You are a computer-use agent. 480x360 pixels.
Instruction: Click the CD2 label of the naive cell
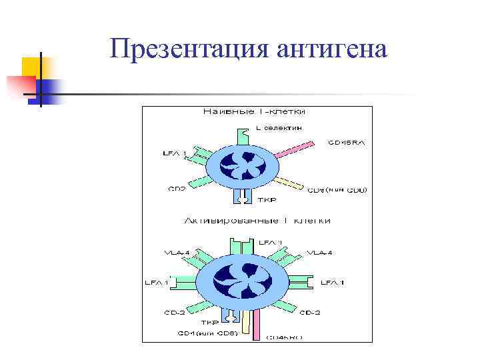point(176,189)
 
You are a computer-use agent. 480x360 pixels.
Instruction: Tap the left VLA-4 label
point(177,252)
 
